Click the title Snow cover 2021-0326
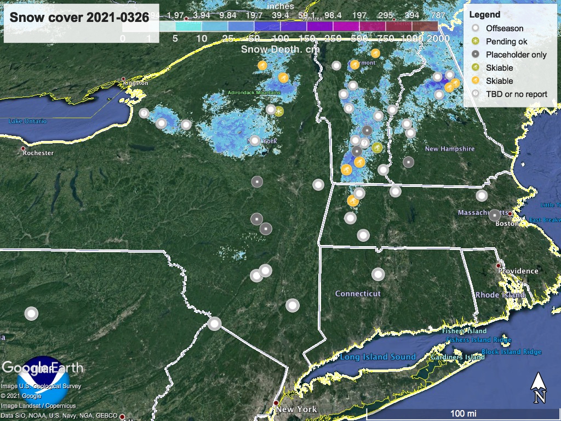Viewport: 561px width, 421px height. click(x=79, y=17)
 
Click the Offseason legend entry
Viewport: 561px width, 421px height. click(x=504, y=29)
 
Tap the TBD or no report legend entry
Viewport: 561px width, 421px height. click(x=516, y=94)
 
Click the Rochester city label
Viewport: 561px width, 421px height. click(x=38, y=153)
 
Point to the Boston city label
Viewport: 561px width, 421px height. click(x=507, y=223)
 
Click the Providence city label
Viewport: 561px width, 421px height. click(x=518, y=271)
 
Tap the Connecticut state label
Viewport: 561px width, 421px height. click(x=358, y=294)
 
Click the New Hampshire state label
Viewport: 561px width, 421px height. click(x=450, y=149)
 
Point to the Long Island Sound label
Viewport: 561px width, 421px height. click(x=378, y=357)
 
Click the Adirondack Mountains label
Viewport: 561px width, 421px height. click(x=255, y=93)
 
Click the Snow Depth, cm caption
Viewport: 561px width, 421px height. click(x=279, y=49)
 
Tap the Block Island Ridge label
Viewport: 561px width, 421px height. click(x=512, y=352)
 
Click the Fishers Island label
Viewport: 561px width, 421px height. click(x=466, y=331)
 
